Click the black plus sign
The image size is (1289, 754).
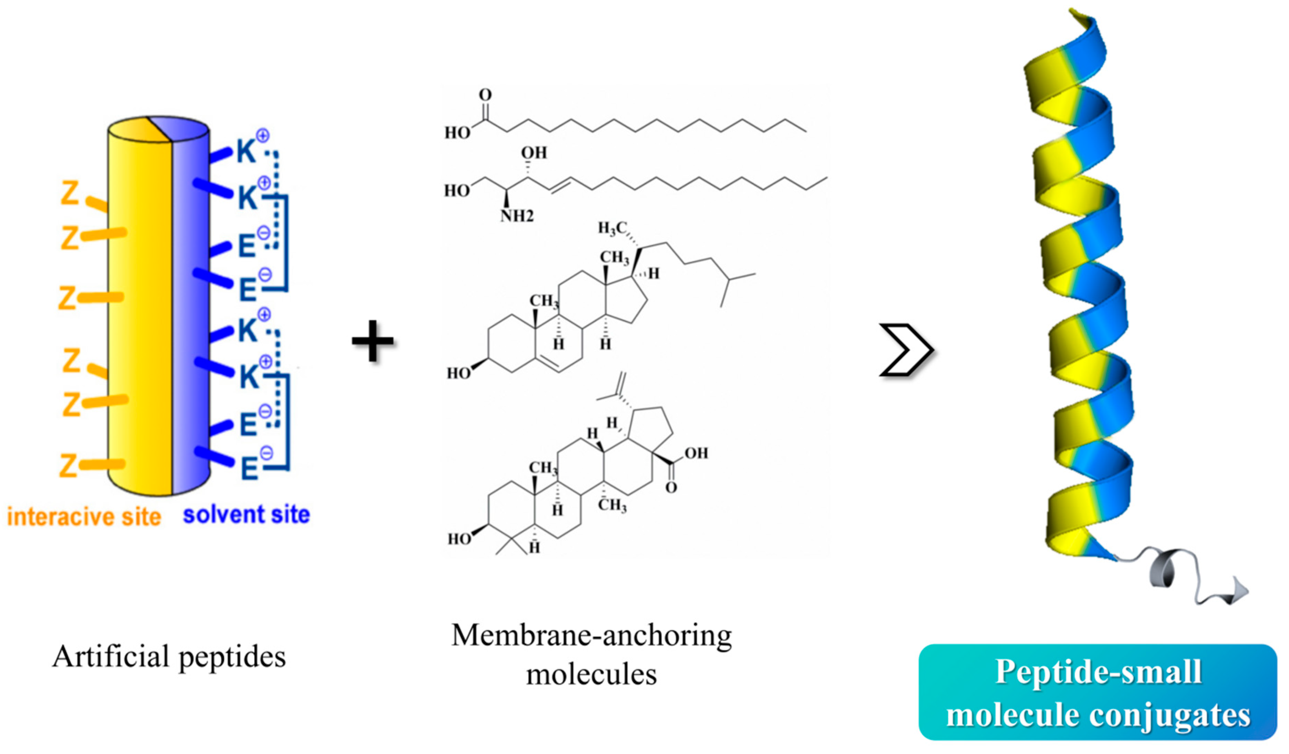[372, 341]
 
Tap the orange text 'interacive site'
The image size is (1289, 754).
[84, 517]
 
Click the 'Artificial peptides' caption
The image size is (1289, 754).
[169, 656]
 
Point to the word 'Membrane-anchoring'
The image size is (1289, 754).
[591, 636]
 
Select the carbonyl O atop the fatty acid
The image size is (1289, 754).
[485, 94]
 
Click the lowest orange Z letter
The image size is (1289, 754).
[69, 465]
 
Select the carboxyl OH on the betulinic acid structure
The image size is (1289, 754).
[696, 453]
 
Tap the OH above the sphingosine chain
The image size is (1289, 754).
[534, 152]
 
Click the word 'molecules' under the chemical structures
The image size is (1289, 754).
[591, 675]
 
